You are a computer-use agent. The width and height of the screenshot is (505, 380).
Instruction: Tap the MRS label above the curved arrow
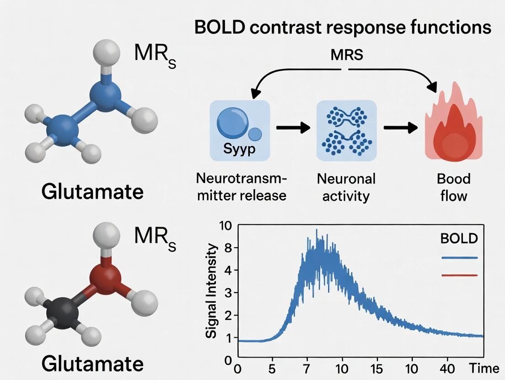tap(347, 55)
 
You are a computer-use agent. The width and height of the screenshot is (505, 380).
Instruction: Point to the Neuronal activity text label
tap(346, 187)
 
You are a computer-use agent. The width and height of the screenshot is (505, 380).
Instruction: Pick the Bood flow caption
tap(453, 187)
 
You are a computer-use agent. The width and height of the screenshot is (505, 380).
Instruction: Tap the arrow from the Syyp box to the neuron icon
tap(293, 128)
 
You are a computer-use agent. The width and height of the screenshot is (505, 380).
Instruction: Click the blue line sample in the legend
tap(459, 258)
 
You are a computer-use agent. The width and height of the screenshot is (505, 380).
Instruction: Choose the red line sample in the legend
tap(459, 275)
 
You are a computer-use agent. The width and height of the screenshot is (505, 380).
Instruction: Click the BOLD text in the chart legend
tap(459, 238)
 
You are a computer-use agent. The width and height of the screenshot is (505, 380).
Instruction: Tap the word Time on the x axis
tap(486, 368)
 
